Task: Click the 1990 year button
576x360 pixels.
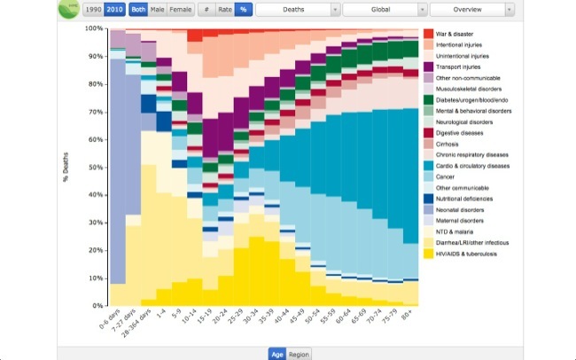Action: pyautogui.click(x=92, y=10)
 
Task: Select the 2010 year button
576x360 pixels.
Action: pyautogui.click(x=114, y=10)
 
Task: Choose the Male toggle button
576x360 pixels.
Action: pyautogui.click(x=157, y=10)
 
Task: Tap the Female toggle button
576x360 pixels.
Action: pyautogui.click(x=180, y=10)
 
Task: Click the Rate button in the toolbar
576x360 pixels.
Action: pyautogui.click(x=224, y=10)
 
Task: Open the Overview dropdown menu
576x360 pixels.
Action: pyautogui.click(x=471, y=10)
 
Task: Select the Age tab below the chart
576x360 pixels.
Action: pyautogui.click(x=277, y=354)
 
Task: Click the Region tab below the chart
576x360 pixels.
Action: pyautogui.click(x=300, y=354)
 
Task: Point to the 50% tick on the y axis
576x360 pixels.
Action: pyautogui.click(x=93, y=167)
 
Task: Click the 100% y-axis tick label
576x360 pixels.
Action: pyautogui.click(x=91, y=28)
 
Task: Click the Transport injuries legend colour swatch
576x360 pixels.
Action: pyautogui.click(x=428, y=67)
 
